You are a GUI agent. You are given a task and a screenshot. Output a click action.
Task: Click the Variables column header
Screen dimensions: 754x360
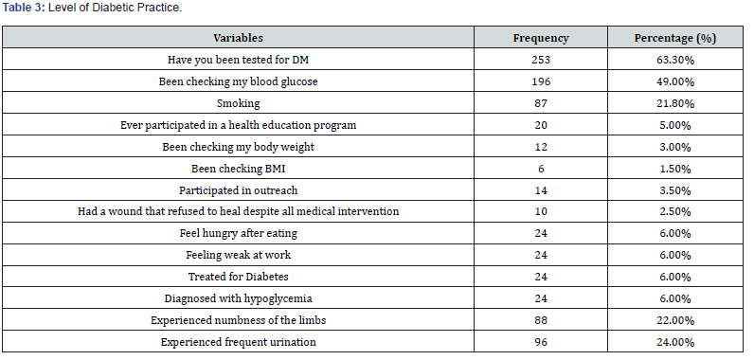click(238, 38)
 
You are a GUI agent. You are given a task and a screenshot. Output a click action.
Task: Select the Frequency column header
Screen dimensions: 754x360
click(541, 38)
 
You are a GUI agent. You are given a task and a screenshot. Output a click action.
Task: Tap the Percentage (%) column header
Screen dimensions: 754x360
click(675, 38)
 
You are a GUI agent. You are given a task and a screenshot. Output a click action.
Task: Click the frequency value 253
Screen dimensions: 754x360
click(541, 60)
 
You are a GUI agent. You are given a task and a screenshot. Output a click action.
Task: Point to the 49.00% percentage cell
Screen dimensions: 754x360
click(675, 82)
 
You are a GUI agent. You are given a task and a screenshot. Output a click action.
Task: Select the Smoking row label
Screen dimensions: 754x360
click(238, 103)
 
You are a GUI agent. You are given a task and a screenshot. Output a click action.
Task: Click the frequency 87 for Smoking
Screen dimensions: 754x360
click(541, 103)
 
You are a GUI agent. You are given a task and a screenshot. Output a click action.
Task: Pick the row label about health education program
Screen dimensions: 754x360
click(238, 125)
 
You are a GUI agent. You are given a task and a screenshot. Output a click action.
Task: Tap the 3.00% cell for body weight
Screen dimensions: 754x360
click(675, 147)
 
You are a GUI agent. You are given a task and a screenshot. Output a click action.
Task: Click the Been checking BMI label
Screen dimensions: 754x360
click(238, 169)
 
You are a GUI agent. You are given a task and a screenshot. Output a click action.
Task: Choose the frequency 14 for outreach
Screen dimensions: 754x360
click(541, 190)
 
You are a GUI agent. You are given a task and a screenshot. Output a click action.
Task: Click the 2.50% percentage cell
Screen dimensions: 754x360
click(675, 212)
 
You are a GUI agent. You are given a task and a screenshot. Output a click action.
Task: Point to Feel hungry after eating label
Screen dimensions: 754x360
click(238, 234)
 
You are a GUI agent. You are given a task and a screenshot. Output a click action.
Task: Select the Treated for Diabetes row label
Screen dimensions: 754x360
click(238, 277)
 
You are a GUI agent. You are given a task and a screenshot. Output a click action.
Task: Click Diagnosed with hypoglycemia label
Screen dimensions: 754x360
click(238, 298)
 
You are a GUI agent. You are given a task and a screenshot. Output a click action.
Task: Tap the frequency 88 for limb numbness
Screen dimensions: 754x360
click(541, 320)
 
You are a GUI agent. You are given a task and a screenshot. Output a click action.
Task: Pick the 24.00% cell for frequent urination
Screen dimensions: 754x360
click(675, 342)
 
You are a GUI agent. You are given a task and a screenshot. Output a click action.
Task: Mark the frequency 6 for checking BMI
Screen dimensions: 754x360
click(541, 169)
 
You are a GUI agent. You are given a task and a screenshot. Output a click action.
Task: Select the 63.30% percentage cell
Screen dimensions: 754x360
click(675, 60)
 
